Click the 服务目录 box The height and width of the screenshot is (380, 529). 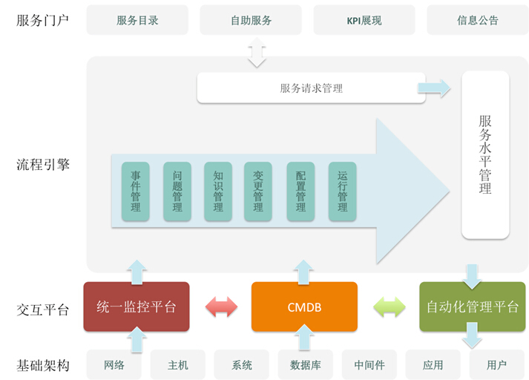(138, 20)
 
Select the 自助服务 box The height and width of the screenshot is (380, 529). (251, 20)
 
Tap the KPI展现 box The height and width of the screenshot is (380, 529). (364, 20)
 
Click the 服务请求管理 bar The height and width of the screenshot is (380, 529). (311, 88)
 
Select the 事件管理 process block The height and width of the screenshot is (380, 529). (136, 191)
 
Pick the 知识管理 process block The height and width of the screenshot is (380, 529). (218, 191)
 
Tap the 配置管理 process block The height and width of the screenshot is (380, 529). (300, 191)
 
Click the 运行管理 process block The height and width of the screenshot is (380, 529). (342, 191)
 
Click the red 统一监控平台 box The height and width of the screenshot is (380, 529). (137, 307)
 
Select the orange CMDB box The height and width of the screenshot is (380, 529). (304, 307)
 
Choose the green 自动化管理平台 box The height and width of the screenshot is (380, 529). (473, 307)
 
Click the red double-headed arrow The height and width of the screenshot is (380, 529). (220, 307)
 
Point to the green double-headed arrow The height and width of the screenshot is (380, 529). (389, 307)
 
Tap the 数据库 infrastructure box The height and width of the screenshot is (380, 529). (304, 365)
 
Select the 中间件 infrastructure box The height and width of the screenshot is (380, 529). (369, 365)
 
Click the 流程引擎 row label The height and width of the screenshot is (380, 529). (43, 165)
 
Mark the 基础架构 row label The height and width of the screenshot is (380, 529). (43, 365)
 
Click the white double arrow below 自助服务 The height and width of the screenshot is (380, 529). (257, 53)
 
